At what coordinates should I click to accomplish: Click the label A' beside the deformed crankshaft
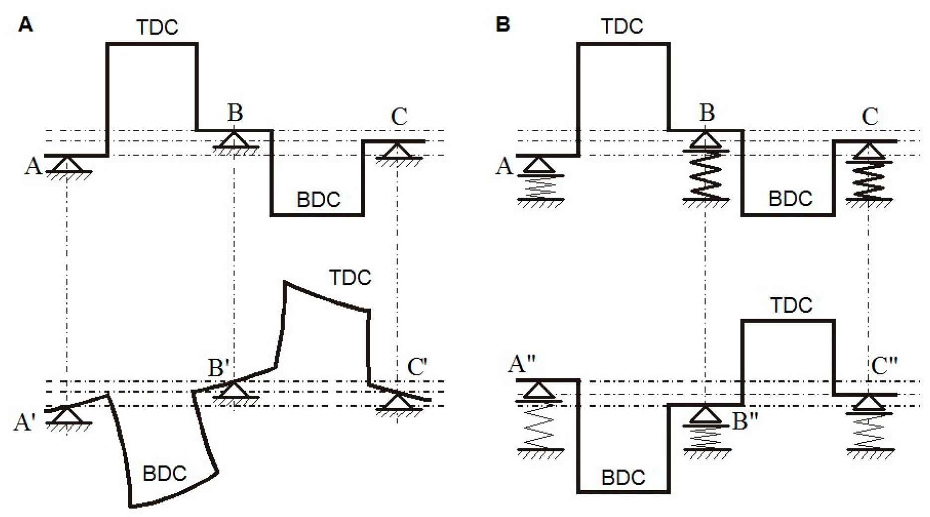click(x=24, y=423)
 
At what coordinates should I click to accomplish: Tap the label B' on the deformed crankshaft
click(x=218, y=368)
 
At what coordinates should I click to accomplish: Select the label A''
click(x=521, y=364)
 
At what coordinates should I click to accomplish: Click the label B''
click(x=745, y=422)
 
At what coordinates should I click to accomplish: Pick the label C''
click(x=885, y=367)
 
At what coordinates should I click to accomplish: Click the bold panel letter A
click(x=25, y=24)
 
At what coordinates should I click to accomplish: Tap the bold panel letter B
click(x=503, y=24)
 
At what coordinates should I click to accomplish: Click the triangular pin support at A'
click(x=67, y=415)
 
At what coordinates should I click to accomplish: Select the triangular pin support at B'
click(x=234, y=389)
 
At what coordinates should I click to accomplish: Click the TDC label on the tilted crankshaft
click(x=350, y=277)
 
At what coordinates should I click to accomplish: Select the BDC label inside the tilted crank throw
click(x=164, y=473)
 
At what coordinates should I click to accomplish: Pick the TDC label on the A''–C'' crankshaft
click(x=791, y=305)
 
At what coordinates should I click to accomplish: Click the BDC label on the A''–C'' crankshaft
click(x=623, y=478)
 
